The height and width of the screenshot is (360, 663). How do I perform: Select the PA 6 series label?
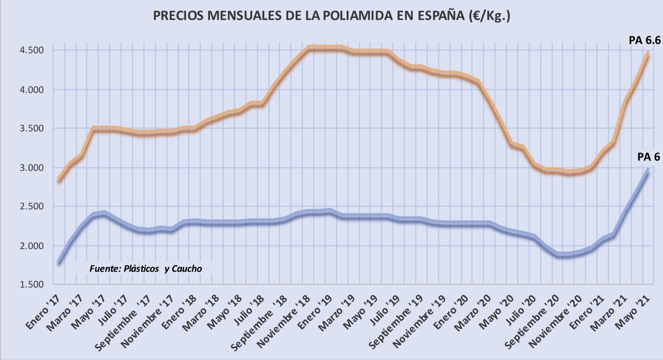coord(648,157)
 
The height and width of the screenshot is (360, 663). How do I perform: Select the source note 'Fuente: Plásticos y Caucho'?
coord(145,269)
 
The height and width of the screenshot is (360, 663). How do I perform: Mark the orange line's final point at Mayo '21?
coord(648,53)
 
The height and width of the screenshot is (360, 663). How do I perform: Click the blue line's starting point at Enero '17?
coord(59,263)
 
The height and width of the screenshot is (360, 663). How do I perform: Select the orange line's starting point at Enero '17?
coord(59,180)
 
